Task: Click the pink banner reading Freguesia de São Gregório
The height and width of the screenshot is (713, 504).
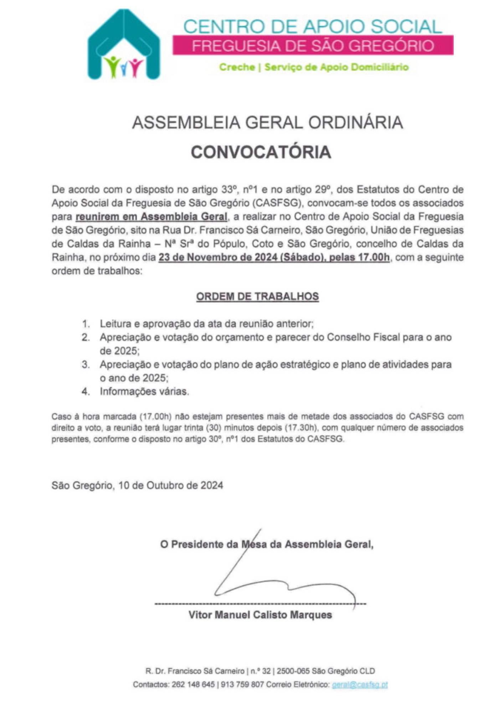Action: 313,45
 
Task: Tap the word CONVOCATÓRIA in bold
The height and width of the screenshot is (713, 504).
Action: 261,152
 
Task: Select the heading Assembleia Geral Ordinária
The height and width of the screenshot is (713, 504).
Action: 267,123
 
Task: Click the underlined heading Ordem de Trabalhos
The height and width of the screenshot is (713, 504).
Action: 257,297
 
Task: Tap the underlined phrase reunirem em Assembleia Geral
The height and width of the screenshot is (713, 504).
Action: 151,216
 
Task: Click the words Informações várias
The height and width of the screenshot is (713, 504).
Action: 144,391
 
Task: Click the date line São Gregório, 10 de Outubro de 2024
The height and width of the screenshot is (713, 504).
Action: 137,485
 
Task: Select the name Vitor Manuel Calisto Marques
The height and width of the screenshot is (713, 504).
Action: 260,615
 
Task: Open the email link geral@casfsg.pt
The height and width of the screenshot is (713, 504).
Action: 359,684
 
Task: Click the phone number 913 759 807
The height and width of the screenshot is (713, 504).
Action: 242,684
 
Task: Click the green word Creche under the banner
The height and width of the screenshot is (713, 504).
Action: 237,67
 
